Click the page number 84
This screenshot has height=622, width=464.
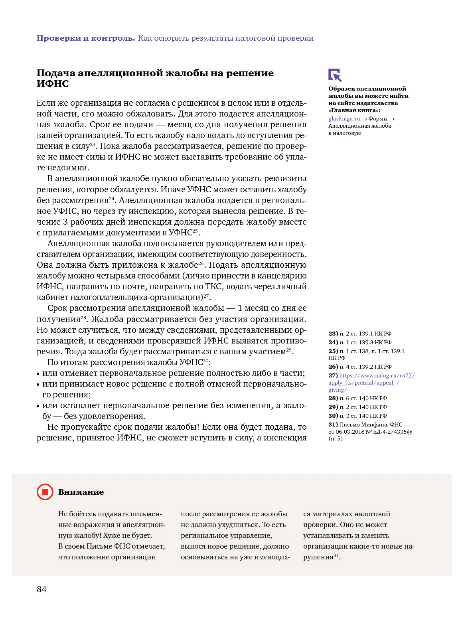[x=41, y=589]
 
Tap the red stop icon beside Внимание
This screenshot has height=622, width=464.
[x=45, y=492]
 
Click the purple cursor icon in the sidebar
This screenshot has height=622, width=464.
[x=335, y=75]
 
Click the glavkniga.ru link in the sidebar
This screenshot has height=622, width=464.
[x=344, y=118]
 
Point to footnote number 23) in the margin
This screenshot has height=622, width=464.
[x=333, y=334]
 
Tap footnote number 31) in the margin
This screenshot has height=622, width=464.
[x=333, y=425]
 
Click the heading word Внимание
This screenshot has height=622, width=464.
[x=81, y=492]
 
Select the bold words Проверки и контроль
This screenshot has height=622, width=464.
[x=86, y=38]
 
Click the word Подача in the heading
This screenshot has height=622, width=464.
[x=56, y=73]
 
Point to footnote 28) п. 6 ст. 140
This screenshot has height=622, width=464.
[x=357, y=398]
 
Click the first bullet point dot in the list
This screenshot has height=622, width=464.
[x=38, y=374]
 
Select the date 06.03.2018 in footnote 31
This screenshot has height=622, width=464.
[x=349, y=432]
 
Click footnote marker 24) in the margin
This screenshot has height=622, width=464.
[x=333, y=342]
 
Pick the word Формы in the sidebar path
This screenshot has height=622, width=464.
[x=378, y=118]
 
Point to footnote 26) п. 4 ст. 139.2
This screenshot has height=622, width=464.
[x=360, y=367]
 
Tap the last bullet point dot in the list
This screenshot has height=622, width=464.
[x=38, y=406]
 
